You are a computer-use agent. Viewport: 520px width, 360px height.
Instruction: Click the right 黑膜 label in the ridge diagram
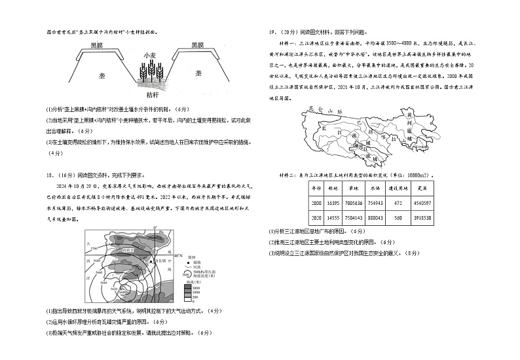(x=199, y=45)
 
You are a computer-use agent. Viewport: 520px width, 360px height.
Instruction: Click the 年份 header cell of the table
(x=317, y=188)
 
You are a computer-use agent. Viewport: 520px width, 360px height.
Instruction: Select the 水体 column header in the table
(x=375, y=188)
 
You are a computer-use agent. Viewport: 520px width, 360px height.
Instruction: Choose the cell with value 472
(x=397, y=203)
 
